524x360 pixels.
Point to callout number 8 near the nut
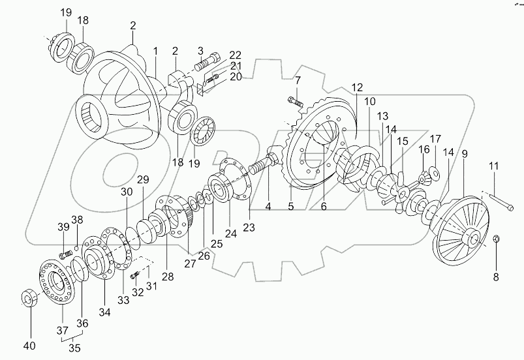coord(495,276)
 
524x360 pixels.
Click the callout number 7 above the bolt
coord(297,80)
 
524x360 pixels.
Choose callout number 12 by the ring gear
coord(356,87)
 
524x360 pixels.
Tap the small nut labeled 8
coord(496,239)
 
